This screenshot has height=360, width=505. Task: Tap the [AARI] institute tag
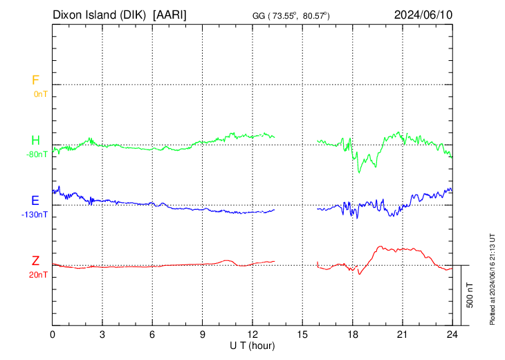coord(170,14)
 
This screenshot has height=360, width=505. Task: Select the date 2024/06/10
coord(423,14)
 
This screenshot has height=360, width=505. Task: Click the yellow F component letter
coord(35,80)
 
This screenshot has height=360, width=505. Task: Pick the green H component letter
coord(35,141)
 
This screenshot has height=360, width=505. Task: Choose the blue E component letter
coord(35,201)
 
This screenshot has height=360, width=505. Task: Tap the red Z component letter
coord(35,261)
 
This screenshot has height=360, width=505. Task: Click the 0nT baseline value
coord(41,93)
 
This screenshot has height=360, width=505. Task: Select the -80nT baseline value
coord(37,154)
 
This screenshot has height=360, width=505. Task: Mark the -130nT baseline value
coord(35,215)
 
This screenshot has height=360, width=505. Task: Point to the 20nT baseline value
coord(39,275)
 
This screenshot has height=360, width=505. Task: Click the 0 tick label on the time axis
coord(53,334)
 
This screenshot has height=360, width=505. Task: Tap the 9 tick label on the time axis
coord(203,334)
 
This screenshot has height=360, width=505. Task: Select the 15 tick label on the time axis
coord(302,334)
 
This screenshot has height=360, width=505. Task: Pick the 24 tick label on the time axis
coord(452,334)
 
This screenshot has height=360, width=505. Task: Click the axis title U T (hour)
coord(252,345)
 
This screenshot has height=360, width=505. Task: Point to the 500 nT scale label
coord(470,295)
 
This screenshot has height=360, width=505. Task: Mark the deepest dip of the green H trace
coord(359,172)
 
